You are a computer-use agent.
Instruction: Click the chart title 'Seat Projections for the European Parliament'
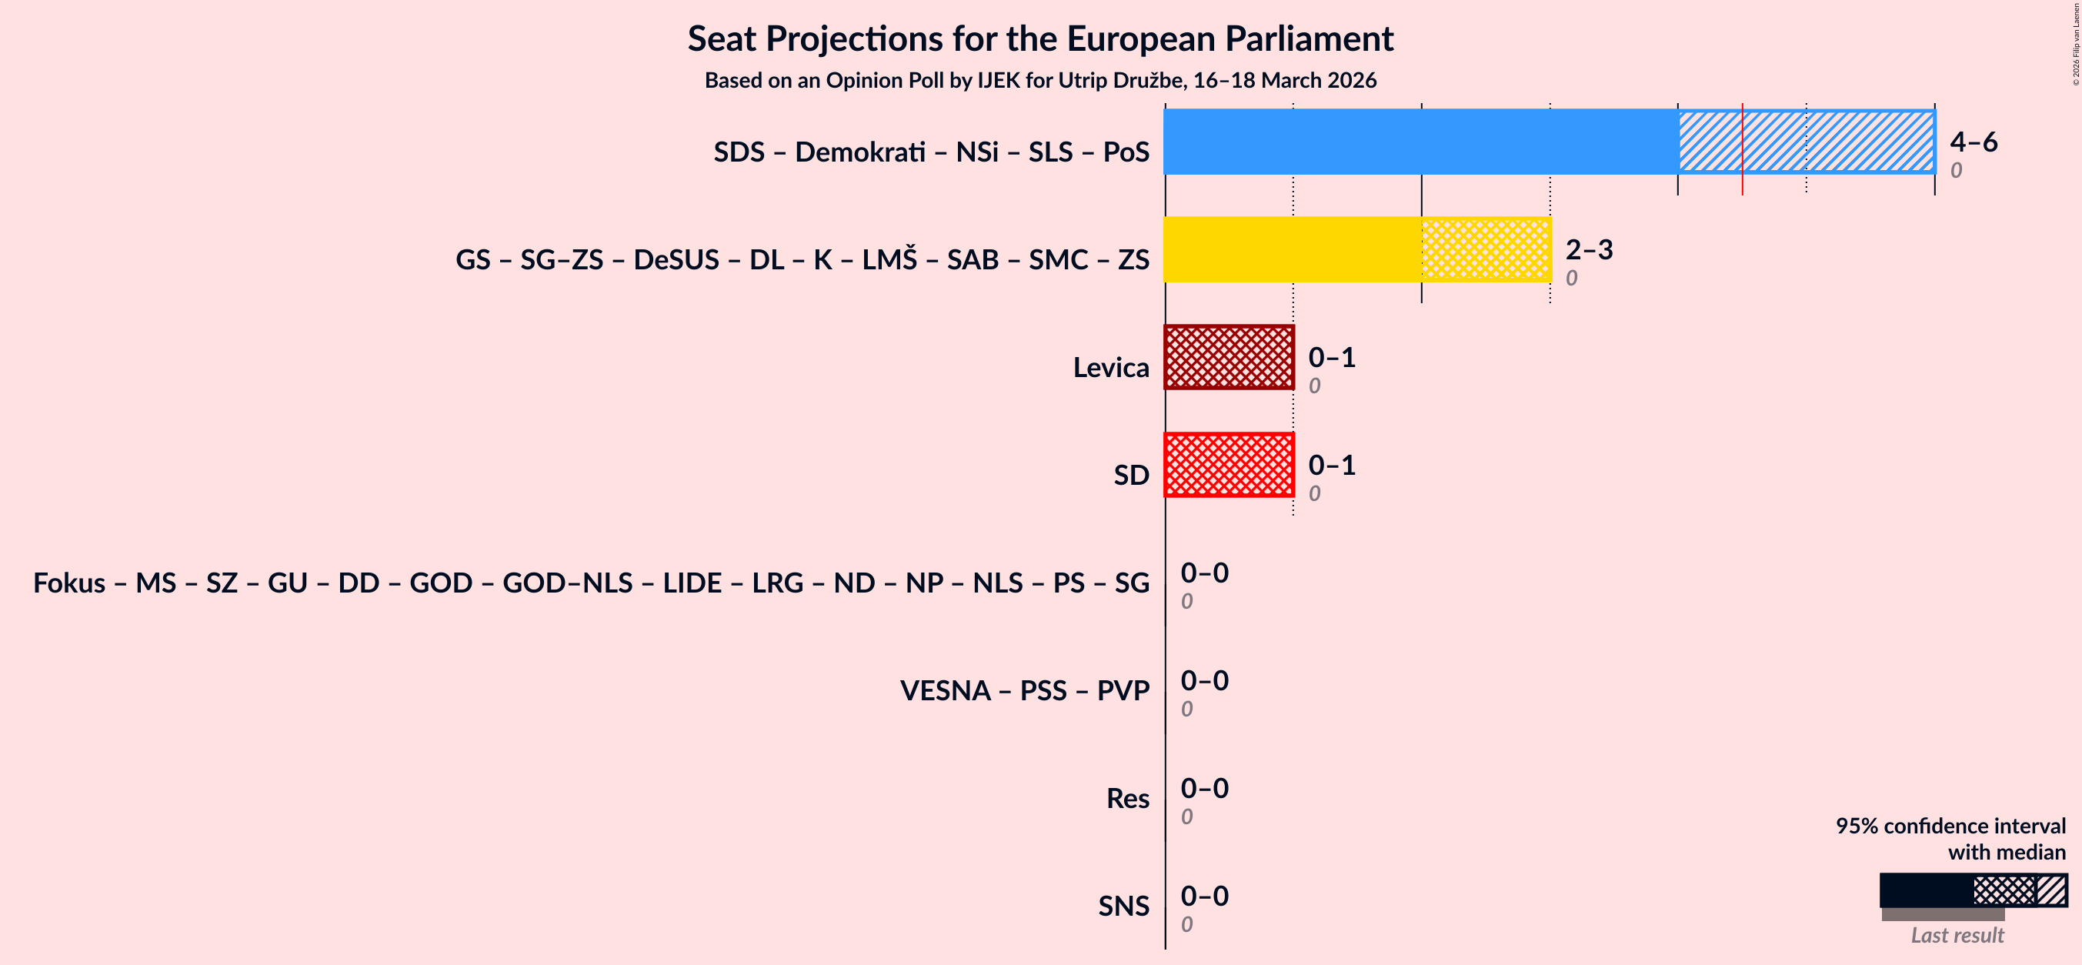point(1040,38)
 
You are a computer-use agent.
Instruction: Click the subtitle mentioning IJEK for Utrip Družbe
point(1040,80)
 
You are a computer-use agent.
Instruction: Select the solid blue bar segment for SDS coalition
point(1420,142)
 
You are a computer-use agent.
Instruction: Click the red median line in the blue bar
point(1743,142)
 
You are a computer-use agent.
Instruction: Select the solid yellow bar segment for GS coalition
point(1292,249)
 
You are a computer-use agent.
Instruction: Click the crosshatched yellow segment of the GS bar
point(1486,249)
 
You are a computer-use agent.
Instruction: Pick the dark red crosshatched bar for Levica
point(1229,357)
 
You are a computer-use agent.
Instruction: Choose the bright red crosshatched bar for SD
point(1229,465)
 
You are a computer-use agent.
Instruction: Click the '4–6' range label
point(1973,142)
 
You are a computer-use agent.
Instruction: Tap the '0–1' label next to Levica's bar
point(1331,357)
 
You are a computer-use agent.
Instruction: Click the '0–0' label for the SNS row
point(1203,896)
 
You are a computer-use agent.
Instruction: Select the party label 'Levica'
point(1110,367)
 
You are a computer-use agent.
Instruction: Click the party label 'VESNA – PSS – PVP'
point(1024,690)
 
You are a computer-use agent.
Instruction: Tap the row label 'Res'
point(1127,798)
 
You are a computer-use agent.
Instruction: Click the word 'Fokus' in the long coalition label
point(68,583)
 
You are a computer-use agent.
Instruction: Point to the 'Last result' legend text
point(1957,935)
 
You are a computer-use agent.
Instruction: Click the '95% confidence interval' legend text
point(1950,825)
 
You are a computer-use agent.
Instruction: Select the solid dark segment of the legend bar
point(1925,890)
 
